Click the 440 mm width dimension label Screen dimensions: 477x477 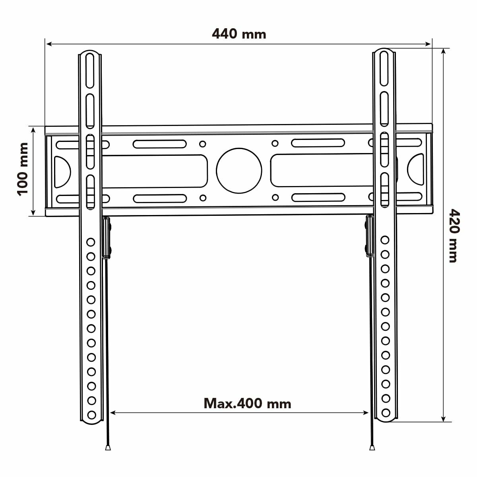coord(239,34)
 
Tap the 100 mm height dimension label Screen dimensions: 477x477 coord(23,169)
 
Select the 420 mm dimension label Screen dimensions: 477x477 coord(453,235)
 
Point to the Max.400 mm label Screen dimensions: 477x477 coord(247,403)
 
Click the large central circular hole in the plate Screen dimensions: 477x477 coord(239,170)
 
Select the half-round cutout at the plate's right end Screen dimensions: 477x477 coord(416,170)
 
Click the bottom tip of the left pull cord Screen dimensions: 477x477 coord(108,448)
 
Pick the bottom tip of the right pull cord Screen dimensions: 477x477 coord(372,448)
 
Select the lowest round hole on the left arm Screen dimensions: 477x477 coord(91,415)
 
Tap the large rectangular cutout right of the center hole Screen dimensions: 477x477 coord(322,170)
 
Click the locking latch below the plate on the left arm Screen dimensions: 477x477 coord(106,238)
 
